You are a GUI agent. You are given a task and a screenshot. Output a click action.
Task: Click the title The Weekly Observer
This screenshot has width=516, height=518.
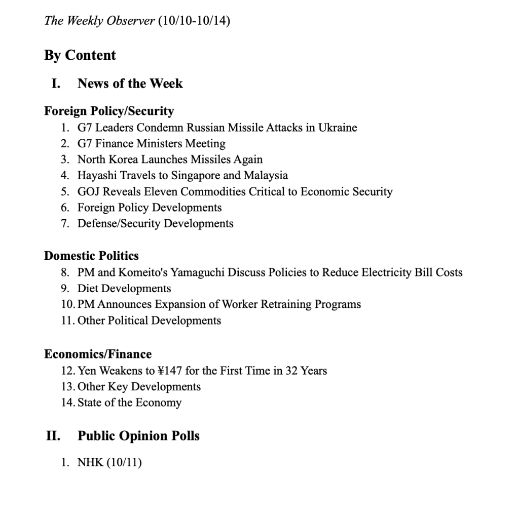coord(99,21)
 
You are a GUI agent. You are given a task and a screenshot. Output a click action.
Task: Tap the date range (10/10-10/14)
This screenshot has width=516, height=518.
coord(195,21)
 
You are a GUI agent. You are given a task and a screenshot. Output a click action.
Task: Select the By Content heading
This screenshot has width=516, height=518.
coord(80,55)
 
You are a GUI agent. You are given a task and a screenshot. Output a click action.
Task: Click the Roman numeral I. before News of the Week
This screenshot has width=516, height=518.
coord(56,84)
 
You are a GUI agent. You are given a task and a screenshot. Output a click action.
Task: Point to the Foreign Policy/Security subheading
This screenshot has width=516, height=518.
coord(109,111)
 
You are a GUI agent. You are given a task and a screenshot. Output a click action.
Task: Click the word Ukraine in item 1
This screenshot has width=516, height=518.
coord(338,128)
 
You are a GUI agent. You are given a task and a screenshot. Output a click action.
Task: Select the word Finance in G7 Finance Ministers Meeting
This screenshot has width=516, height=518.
coord(116,144)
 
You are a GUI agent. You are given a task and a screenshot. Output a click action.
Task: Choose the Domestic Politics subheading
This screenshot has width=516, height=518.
coord(91,256)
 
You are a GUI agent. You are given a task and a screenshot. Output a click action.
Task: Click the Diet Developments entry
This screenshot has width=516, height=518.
coord(124,289)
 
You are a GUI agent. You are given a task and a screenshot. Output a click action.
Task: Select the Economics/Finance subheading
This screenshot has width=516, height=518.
coord(98,354)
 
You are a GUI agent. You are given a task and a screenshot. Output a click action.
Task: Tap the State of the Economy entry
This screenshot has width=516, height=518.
coord(129,403)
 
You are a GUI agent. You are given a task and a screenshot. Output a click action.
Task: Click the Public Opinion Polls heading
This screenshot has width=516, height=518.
coord(138,436)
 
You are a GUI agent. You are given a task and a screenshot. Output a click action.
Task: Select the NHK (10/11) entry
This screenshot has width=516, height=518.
coord(109,462)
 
